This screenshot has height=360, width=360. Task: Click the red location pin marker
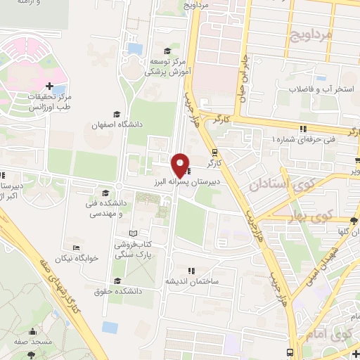point(180,165)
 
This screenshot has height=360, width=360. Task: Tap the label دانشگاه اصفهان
point(117,124)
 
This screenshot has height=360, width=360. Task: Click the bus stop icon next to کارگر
point(214,151)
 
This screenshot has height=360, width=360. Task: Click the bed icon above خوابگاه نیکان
point(76,247)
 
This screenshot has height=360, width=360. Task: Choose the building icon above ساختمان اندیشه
point(191,270)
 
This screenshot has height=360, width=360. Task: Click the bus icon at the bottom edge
point(290,353)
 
